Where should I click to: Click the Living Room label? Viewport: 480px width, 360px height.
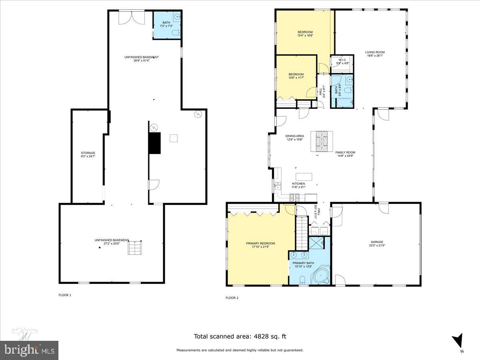tap(375, 52)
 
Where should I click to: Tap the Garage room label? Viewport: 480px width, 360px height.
tap(376, 242)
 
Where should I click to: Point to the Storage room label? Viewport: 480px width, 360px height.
tap(88, 153)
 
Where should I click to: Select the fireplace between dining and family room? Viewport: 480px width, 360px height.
tap(322, 141)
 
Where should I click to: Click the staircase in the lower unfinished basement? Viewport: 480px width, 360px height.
tap(134, 248)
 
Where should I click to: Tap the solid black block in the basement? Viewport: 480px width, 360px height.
tap(154, 143)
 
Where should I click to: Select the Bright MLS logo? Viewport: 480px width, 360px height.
tap(29, 350)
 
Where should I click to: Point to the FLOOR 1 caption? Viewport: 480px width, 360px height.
tap(65, 295)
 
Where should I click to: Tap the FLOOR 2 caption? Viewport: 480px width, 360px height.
tap(232, 298)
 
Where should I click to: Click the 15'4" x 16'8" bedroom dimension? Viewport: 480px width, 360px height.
tap(305, 36)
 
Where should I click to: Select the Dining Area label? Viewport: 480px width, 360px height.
tap(294, 136)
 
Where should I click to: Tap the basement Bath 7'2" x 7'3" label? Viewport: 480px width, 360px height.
tap(166, 24)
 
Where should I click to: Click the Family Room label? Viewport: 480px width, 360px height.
tap(345, 152)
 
